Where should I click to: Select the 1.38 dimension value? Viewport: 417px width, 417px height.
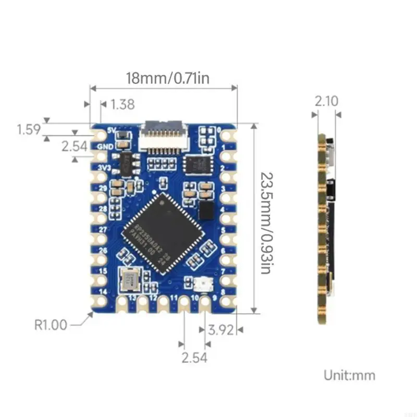[x=122, y=104]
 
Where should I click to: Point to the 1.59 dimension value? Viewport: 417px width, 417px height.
[x=29, y=129]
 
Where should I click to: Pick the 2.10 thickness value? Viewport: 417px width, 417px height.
[x=326, y=101]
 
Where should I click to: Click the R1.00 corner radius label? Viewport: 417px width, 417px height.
[x=51, y=325]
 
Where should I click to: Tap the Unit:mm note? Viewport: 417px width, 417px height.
[x=349, y=375]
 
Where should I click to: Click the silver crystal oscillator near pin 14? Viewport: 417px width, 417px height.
[x=130, y=278]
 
